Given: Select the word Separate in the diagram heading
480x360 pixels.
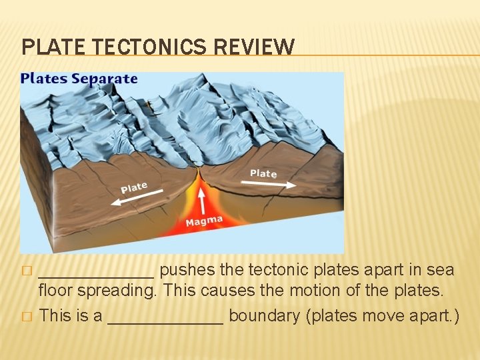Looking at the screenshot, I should click(105, 79).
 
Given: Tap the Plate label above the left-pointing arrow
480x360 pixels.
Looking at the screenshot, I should click(134, 187).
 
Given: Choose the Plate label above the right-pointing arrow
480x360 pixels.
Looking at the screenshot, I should click(263, 173).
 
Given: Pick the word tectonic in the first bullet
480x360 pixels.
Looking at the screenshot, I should click(276, 270).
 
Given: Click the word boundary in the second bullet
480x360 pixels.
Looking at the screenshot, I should click(264, 315).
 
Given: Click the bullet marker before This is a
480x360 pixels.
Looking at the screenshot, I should click(26, 317).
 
